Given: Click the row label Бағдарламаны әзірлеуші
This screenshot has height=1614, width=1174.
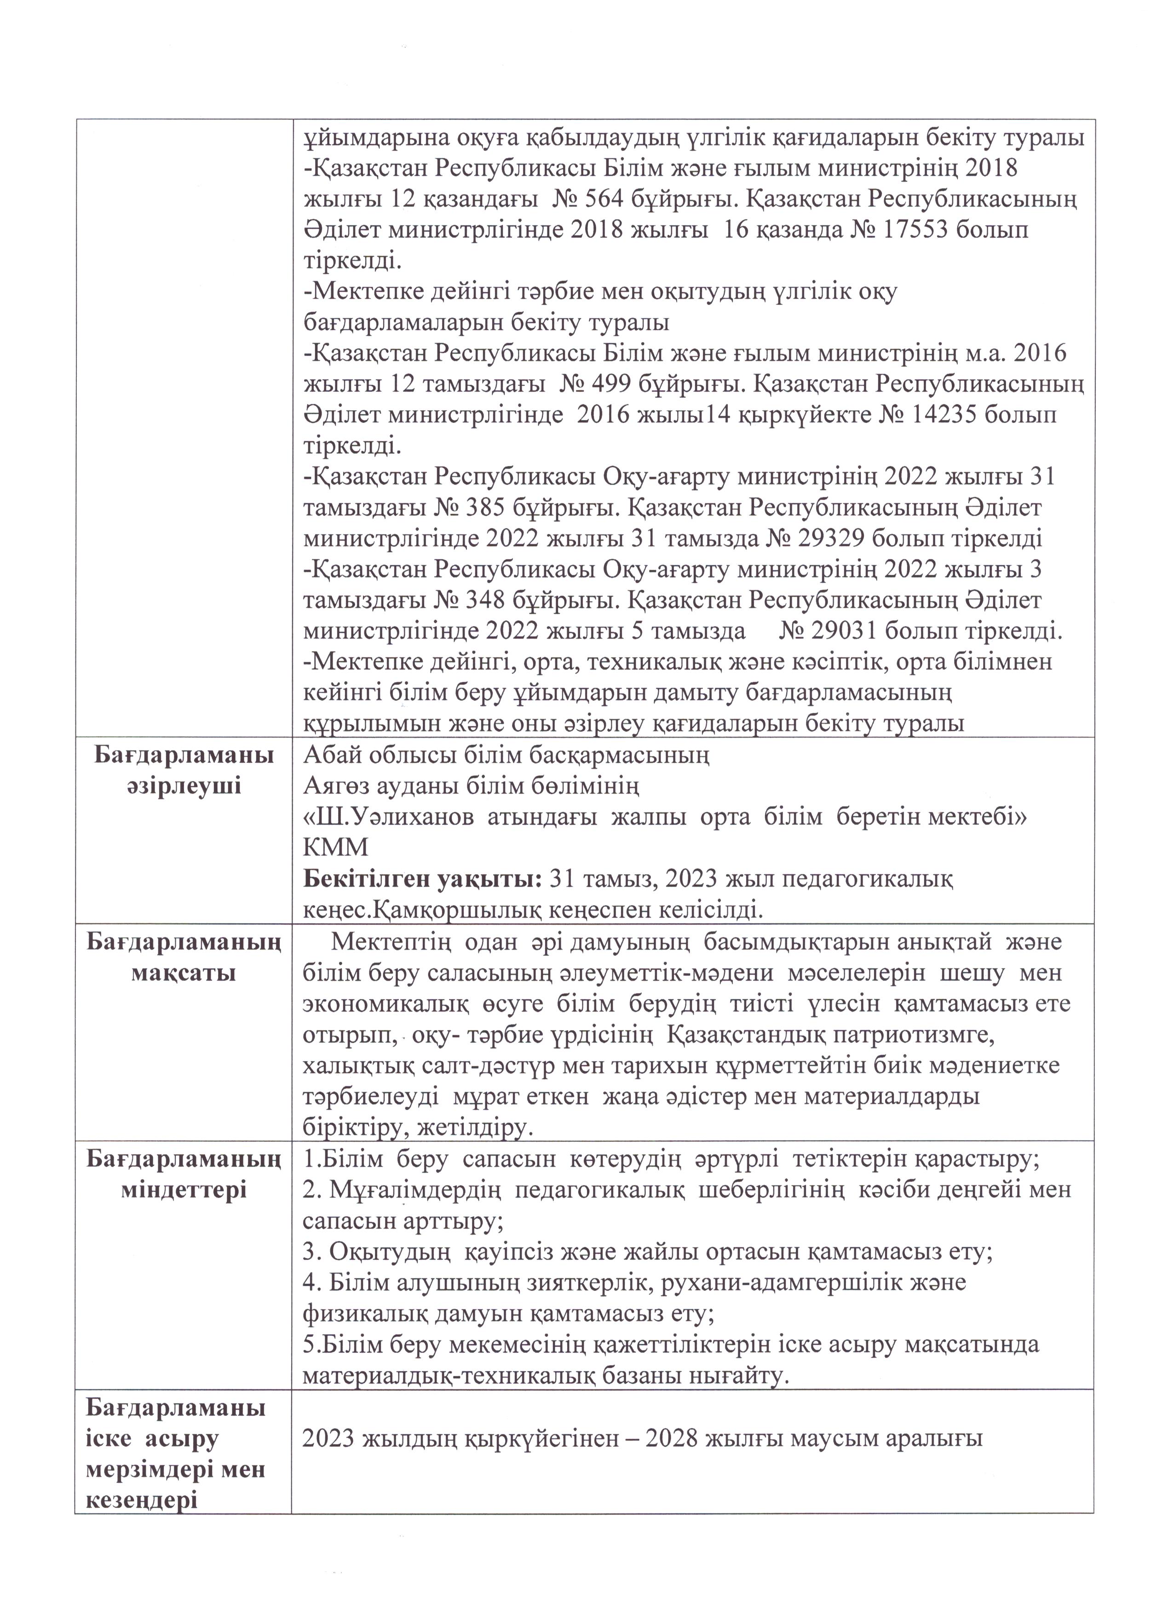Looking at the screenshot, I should (x=184, y=770).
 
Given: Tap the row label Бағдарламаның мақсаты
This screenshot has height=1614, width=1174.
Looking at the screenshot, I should (x=184, y=957).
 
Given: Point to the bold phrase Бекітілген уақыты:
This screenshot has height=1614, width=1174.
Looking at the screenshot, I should (x=423, y=879).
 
